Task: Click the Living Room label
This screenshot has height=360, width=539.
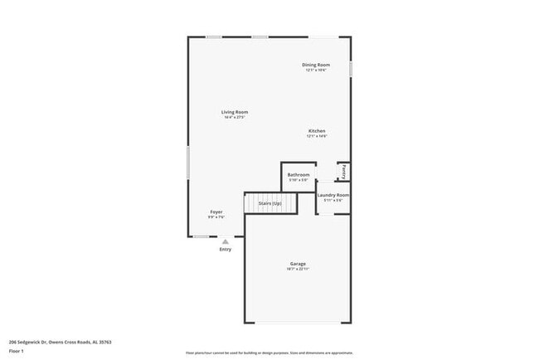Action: pyautogui.click(x=234, y=112)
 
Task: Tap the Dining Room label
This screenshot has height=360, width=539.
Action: pyautogui.click(x=316, y=65)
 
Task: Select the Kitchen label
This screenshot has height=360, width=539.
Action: pyautogui.click(x=317, y=131)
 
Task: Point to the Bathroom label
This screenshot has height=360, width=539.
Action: pyautogui.click(x=299, y=175)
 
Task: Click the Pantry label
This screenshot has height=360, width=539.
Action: pyautogui.click(x=343, y=171)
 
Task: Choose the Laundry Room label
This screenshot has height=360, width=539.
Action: pyautogui.click(x=333, y=195)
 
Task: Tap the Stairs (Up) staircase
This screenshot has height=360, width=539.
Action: pyautogui.click(x=270, y=203)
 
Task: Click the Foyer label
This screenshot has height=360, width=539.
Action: pyautogui.click(x=216, y=212)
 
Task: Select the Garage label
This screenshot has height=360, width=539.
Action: pyautogui.click(x=298, y=264)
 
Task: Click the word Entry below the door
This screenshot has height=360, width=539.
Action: pyautogui.click(x=225, y=250)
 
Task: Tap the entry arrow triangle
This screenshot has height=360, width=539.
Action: pyautogui.click(x=225, y=241)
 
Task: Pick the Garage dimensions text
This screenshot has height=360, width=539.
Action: pyautogui.click(x=298, y=269)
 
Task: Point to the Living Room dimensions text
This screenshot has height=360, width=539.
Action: pyautogui.click(x=234, y=117)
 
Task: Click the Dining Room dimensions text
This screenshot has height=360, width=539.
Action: pyautogui.click(x=316, y=70)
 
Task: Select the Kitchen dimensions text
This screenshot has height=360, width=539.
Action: pyautogui.click(x=317, y=136)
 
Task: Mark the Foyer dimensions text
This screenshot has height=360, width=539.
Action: pyautogui.click(x=216, y=216)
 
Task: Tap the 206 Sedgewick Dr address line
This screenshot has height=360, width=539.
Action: pyautogui.click(x=60, y=342)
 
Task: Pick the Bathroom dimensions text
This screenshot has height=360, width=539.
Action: pyautogui.click(x=299, y=180)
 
